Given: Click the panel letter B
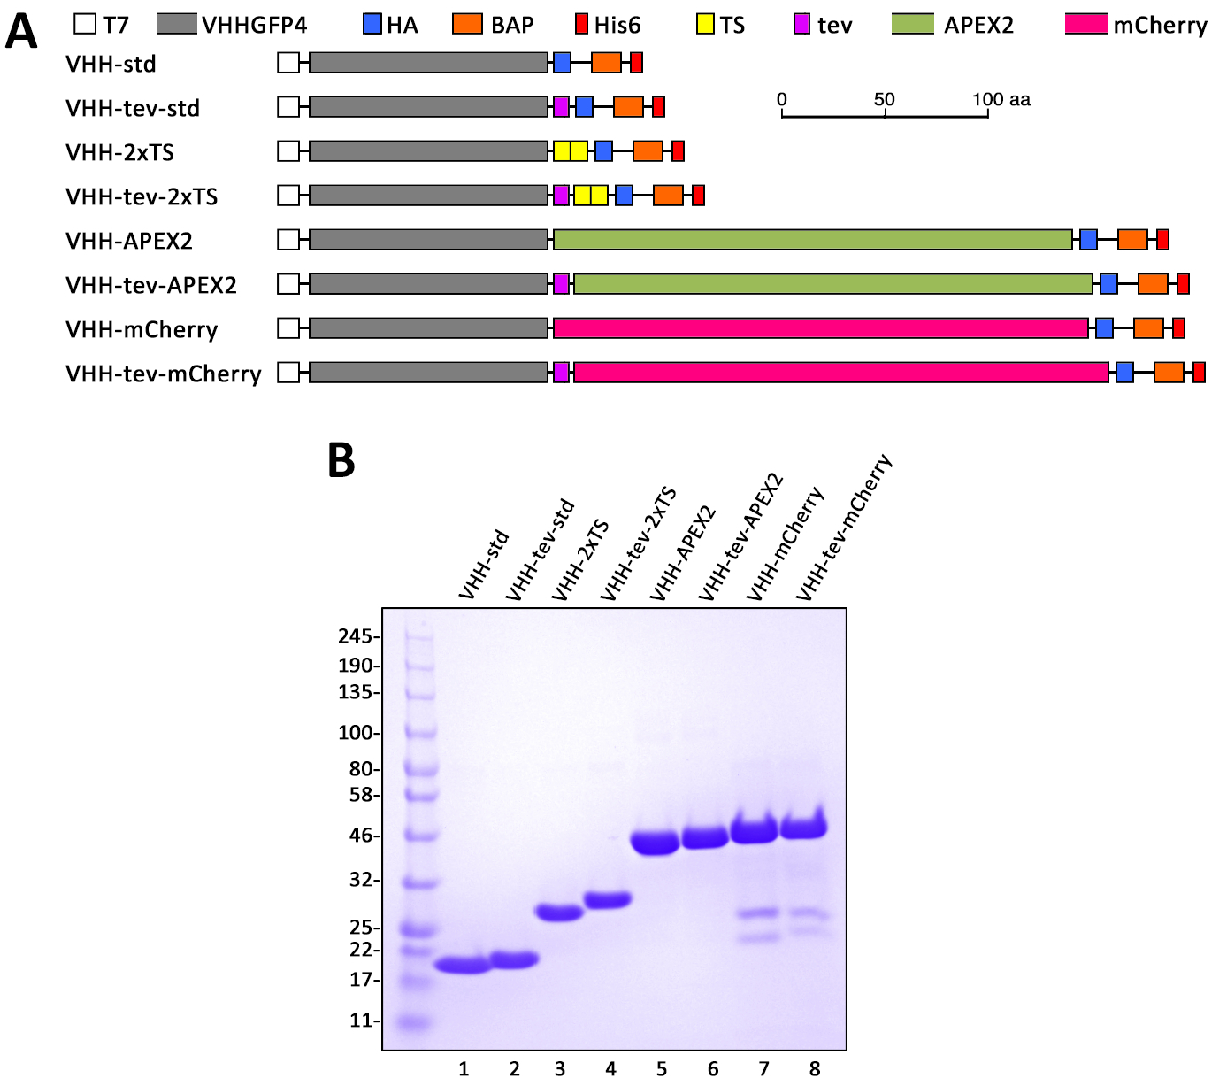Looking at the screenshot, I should click(341, 460).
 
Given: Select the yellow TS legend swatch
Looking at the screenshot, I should click(705, 24).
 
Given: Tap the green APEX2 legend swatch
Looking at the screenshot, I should click(913, 24).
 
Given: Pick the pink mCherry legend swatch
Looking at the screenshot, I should click(1086, 24).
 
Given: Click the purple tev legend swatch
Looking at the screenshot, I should click(802, 24).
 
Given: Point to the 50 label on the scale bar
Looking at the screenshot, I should click(885, 99).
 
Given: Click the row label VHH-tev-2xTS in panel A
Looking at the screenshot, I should click(142, 196).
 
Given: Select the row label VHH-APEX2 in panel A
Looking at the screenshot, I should click(129, 241).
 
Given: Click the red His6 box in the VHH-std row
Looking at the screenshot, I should click(636, 63).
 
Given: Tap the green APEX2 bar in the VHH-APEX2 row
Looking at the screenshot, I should click(812, 240).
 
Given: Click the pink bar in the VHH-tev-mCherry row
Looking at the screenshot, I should click(840, 373).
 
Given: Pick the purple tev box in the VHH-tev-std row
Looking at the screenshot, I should click(561, 107).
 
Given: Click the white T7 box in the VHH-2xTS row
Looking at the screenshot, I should click(288, 151).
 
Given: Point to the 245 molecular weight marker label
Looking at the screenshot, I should click(356, 636).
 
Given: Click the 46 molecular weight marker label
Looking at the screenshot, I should click(359, 836).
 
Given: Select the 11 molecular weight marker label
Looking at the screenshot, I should click(360, 1021).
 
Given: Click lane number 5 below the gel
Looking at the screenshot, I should click(662, 1069).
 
